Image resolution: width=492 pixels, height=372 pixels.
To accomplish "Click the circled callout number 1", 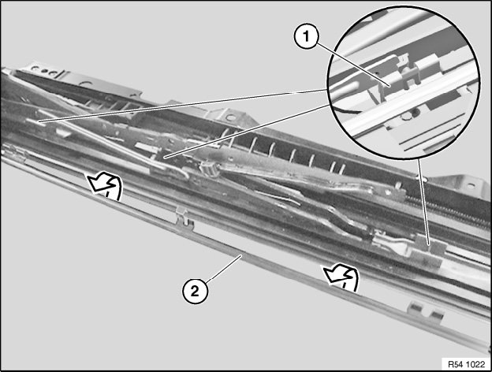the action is [x=306, y=37].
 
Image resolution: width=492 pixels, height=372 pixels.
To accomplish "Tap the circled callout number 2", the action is [x=195, y=292].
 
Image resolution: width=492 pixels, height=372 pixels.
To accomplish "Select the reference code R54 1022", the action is [x=466, y=364].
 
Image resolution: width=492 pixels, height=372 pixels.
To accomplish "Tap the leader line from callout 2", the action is [x=224, y=267].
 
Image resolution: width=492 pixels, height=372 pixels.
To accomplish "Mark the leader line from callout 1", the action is [x=352, y=64].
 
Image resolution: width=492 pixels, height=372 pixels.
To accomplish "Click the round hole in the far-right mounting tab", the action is [x=469, y=186].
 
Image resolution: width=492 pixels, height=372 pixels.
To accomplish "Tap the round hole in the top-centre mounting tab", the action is [x=230, y=118].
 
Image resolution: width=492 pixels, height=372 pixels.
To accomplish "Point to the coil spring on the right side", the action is [x=449, y=209].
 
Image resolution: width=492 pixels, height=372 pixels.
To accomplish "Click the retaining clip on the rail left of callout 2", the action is [x=185, y=218].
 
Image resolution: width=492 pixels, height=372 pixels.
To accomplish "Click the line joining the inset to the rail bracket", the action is [x=423, y=201].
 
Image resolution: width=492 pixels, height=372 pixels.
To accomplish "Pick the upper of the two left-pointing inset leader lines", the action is [x=182, y=106].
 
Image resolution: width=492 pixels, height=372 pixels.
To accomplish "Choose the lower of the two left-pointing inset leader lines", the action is [x=246, y=131].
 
